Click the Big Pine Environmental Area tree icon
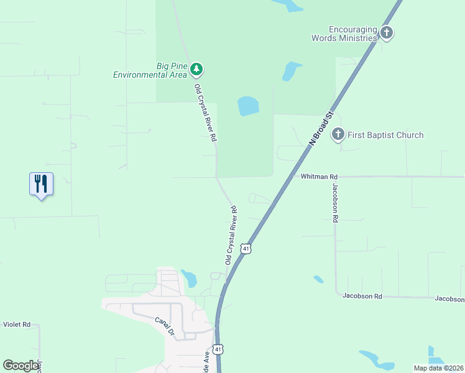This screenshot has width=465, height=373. [x=196, y=68]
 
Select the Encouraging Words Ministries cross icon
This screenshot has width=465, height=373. [x=387, y=33]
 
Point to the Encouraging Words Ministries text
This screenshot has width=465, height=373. [x=344, y=33]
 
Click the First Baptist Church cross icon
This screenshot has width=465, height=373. [x=338, y=134]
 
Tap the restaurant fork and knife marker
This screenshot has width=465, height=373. [x=41, y=184]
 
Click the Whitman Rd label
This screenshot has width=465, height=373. [x=318, y=177]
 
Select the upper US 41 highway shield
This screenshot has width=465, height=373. [x=247, y=248]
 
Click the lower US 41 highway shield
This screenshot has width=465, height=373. [x=218, y=349]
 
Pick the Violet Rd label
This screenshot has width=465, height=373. [x=17, y=325]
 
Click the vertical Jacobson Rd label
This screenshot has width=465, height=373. [x=335, y=203]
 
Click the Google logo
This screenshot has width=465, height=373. [x=21, y=365]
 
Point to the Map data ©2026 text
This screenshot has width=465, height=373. [x=438, y=368]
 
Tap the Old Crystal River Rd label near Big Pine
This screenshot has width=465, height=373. [x=206, y=113]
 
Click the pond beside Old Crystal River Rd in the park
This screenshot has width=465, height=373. [x=248, y=106]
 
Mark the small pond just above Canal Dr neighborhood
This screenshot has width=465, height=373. [x=189, y=278]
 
